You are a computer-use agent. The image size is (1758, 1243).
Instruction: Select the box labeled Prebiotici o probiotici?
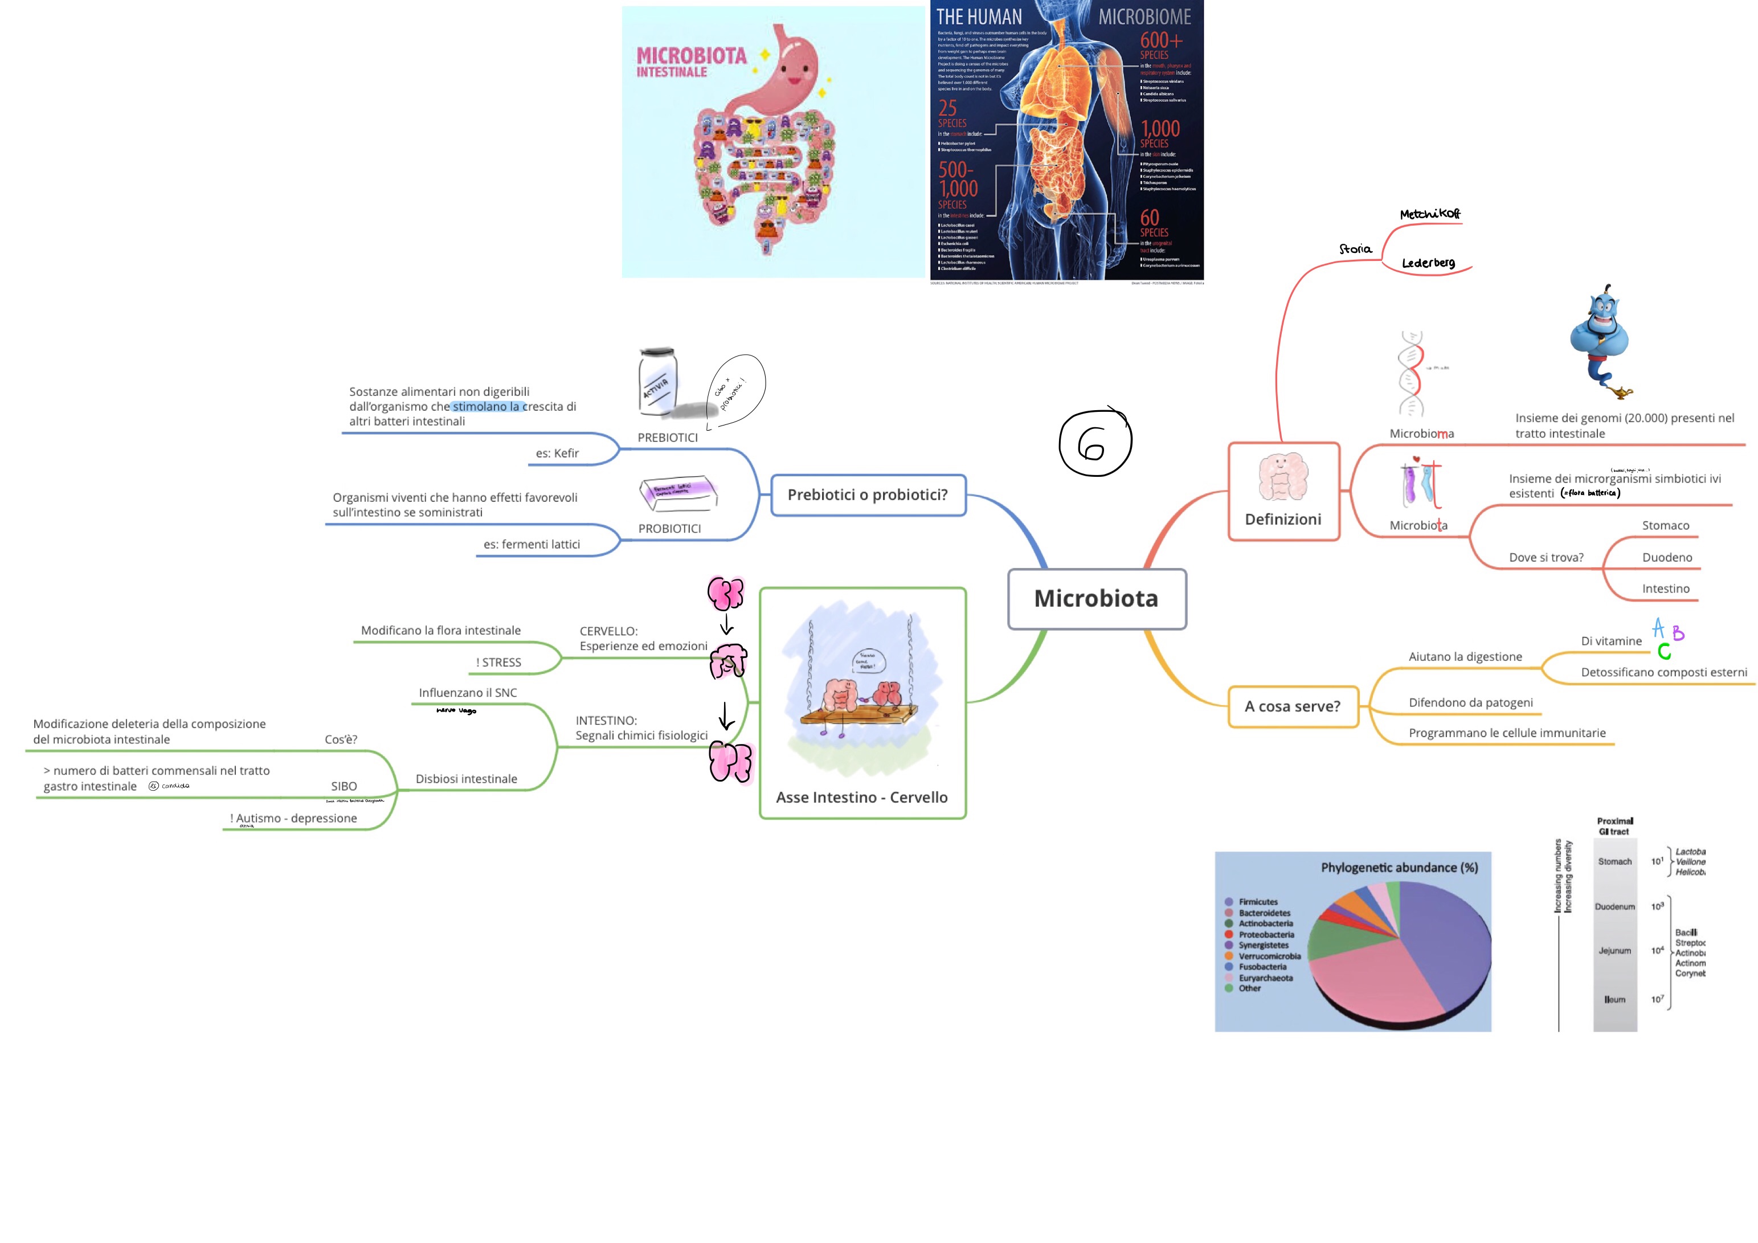tap(868, 494)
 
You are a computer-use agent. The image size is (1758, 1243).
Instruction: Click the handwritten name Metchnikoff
tap(1429, 214)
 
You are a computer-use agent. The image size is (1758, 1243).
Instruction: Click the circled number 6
tap(1094, 442)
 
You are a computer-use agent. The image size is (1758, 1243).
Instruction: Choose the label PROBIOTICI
tap(669, 529)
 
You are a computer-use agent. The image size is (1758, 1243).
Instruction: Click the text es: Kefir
tap(557, 453)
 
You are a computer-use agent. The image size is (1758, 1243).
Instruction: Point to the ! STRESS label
tap(498, 663)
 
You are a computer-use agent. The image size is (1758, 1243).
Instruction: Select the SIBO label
tap(344, 787)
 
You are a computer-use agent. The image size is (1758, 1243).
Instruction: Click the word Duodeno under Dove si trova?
tap(1666, 558)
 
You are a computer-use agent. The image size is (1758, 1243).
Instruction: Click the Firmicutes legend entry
tap(1257, 902)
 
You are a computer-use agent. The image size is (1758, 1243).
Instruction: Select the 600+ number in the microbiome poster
tap(1161, 40)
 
